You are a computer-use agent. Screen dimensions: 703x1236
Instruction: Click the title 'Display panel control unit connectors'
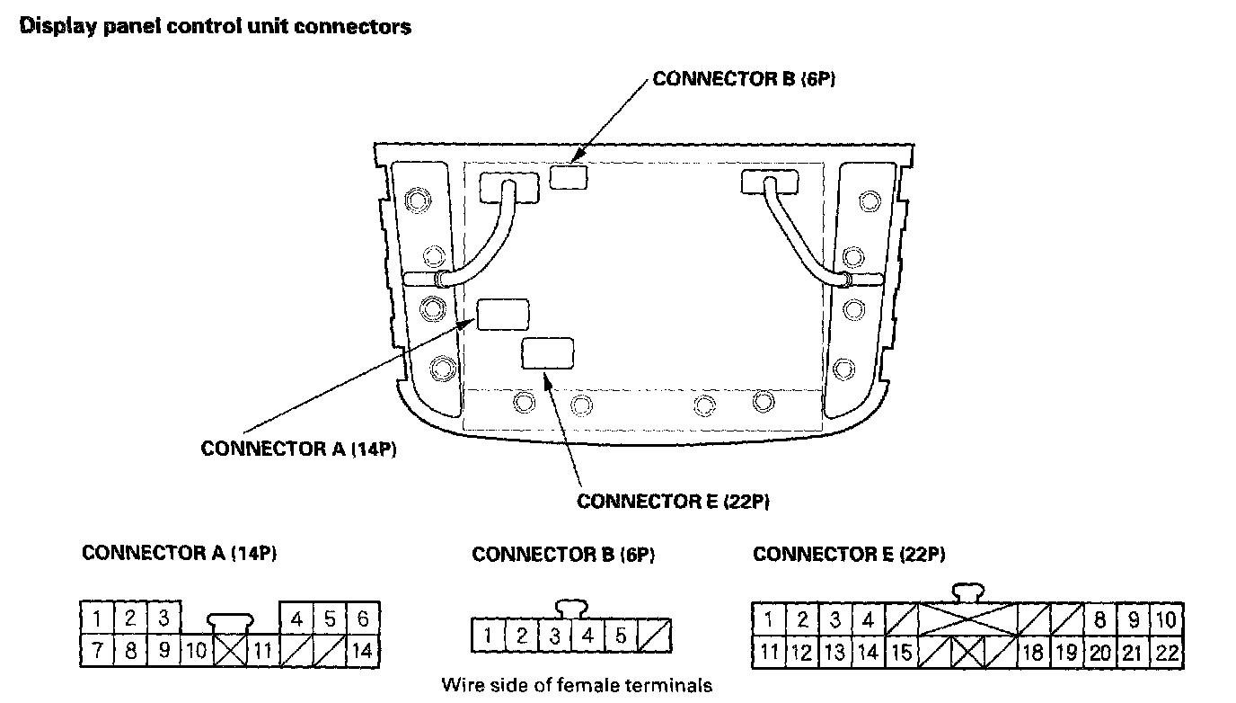click(x=216, y=27)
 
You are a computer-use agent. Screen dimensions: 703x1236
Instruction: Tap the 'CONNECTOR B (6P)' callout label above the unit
click(x=745, y=79)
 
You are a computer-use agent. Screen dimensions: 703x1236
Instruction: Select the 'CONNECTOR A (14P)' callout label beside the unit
click(x=298, y=449)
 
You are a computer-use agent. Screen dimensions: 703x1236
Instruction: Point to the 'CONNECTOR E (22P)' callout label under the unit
click(x=673, y=501)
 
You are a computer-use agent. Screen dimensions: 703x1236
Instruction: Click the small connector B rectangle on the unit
click(x=568, y=177)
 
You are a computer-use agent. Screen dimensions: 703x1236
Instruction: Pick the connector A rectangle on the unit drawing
click(x=502, y=315)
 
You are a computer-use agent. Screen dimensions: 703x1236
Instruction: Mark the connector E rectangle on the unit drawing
click(x=547, y=352)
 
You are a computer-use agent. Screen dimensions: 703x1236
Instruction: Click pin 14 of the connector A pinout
click(x=362, y=648)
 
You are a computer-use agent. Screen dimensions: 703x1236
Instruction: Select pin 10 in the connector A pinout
click(x=197, y=648)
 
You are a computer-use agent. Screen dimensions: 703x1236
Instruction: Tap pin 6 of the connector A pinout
click(x=362, y=618)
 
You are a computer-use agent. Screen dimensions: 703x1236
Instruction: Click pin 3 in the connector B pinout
click(x=555, y=636)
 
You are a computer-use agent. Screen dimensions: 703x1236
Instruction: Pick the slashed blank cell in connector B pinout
click(x=656, y=636)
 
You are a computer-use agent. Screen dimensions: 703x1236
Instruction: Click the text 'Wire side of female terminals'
click(x=577, y=685)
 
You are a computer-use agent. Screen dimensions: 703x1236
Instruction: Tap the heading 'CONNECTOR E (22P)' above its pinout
click(x=849, y=554)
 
